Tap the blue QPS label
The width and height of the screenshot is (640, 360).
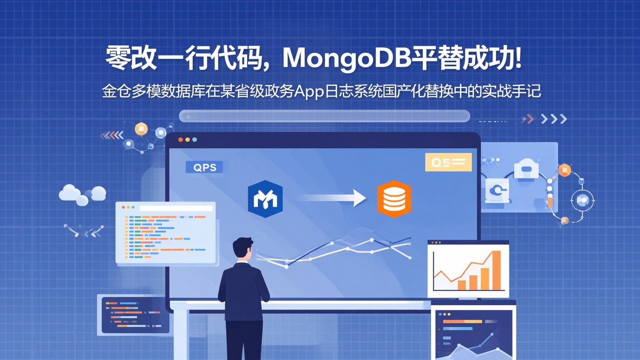tap(204, 168)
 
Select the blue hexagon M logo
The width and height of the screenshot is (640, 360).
tap(265, 199)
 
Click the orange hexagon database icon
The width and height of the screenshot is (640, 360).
tap(394, 199)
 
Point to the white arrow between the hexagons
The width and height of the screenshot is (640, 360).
tap(333, 198)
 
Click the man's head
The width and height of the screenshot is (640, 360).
tap(243, 248)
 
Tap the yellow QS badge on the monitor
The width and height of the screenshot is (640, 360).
tap(448, 162)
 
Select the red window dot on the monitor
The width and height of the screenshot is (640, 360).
tap(180, 140)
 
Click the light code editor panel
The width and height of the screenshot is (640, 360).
tap(166, 233)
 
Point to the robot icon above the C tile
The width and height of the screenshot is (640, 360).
tap(526, 169)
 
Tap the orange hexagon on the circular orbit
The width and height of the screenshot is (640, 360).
tap(564, 170)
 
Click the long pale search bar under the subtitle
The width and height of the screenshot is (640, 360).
tap(324, 116)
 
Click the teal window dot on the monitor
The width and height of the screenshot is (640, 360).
tap(195, 140)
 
